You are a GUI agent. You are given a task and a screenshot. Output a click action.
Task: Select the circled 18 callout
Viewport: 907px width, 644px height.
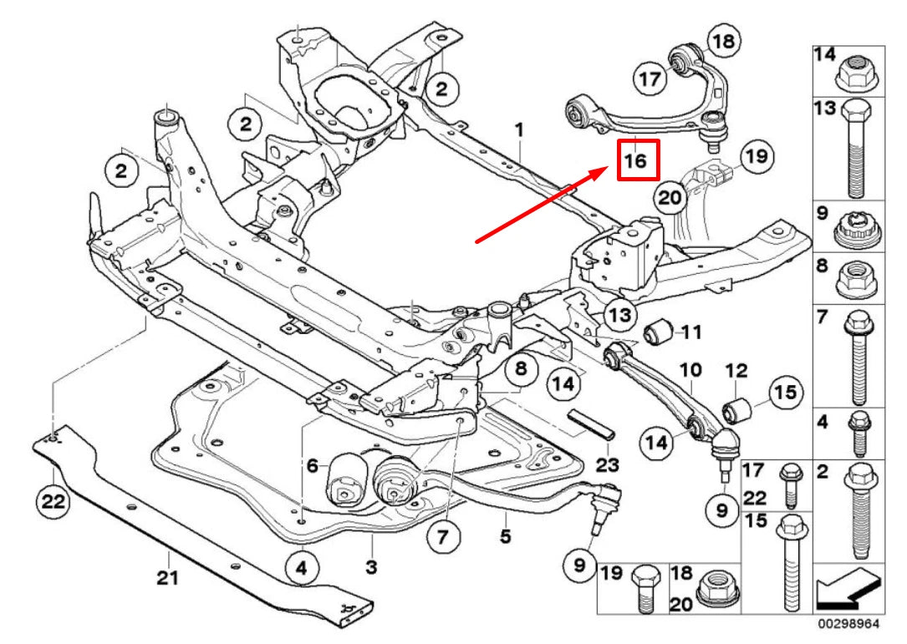click(724, 42)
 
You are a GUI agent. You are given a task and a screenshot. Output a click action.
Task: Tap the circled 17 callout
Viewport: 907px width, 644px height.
click(650, 79)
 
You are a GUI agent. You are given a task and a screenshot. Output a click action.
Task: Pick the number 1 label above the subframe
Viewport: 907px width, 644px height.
click(519, 130)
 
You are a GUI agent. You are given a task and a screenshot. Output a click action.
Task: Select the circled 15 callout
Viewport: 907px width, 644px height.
click(785, 391)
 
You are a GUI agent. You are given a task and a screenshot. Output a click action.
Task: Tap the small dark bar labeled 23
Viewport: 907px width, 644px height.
click(592, 423)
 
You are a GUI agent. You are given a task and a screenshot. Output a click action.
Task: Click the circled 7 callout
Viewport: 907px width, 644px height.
click(442, 537)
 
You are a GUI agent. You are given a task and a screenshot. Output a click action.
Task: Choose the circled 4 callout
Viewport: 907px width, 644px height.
click(302, 570)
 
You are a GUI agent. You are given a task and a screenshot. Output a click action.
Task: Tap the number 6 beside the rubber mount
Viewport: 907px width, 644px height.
click(313, 467)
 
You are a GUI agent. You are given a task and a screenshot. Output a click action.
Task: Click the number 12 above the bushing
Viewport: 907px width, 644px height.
click(736, 370)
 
